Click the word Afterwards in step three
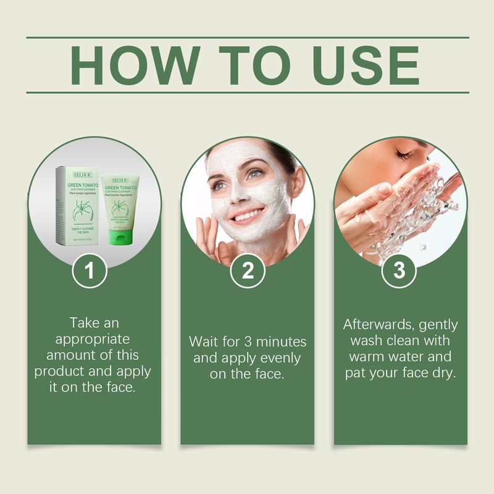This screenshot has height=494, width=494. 376,325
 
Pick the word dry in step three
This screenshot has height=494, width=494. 444,373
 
